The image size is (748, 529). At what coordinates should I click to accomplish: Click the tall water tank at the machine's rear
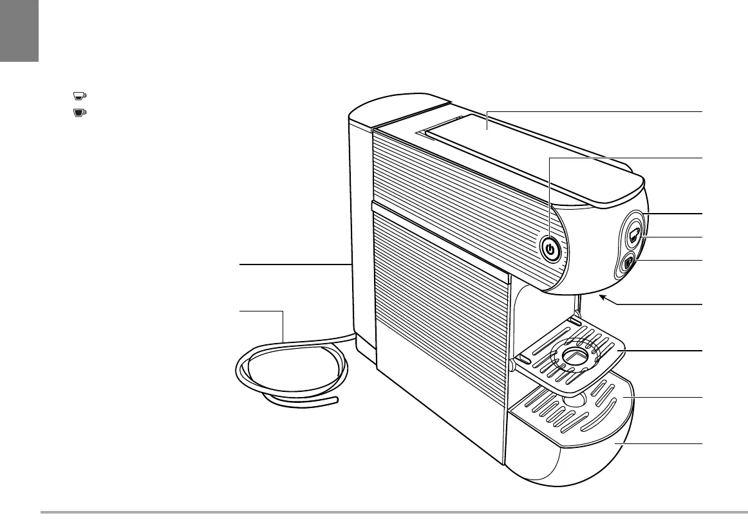(x=360, y=225)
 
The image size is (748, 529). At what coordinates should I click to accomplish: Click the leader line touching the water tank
(x=293, y=264)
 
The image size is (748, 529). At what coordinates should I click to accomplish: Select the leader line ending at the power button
(x=624, y=158)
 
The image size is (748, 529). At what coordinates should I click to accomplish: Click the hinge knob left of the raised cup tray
(x=511, y=365)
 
